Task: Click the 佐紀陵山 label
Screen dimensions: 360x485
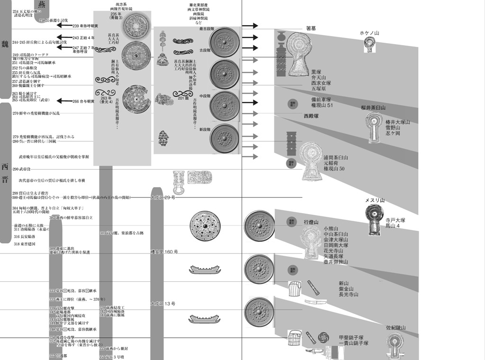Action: tap(396, 327)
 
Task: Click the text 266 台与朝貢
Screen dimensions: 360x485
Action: tap(83, 101)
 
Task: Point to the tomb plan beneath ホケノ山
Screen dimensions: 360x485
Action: tap(369, 45)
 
